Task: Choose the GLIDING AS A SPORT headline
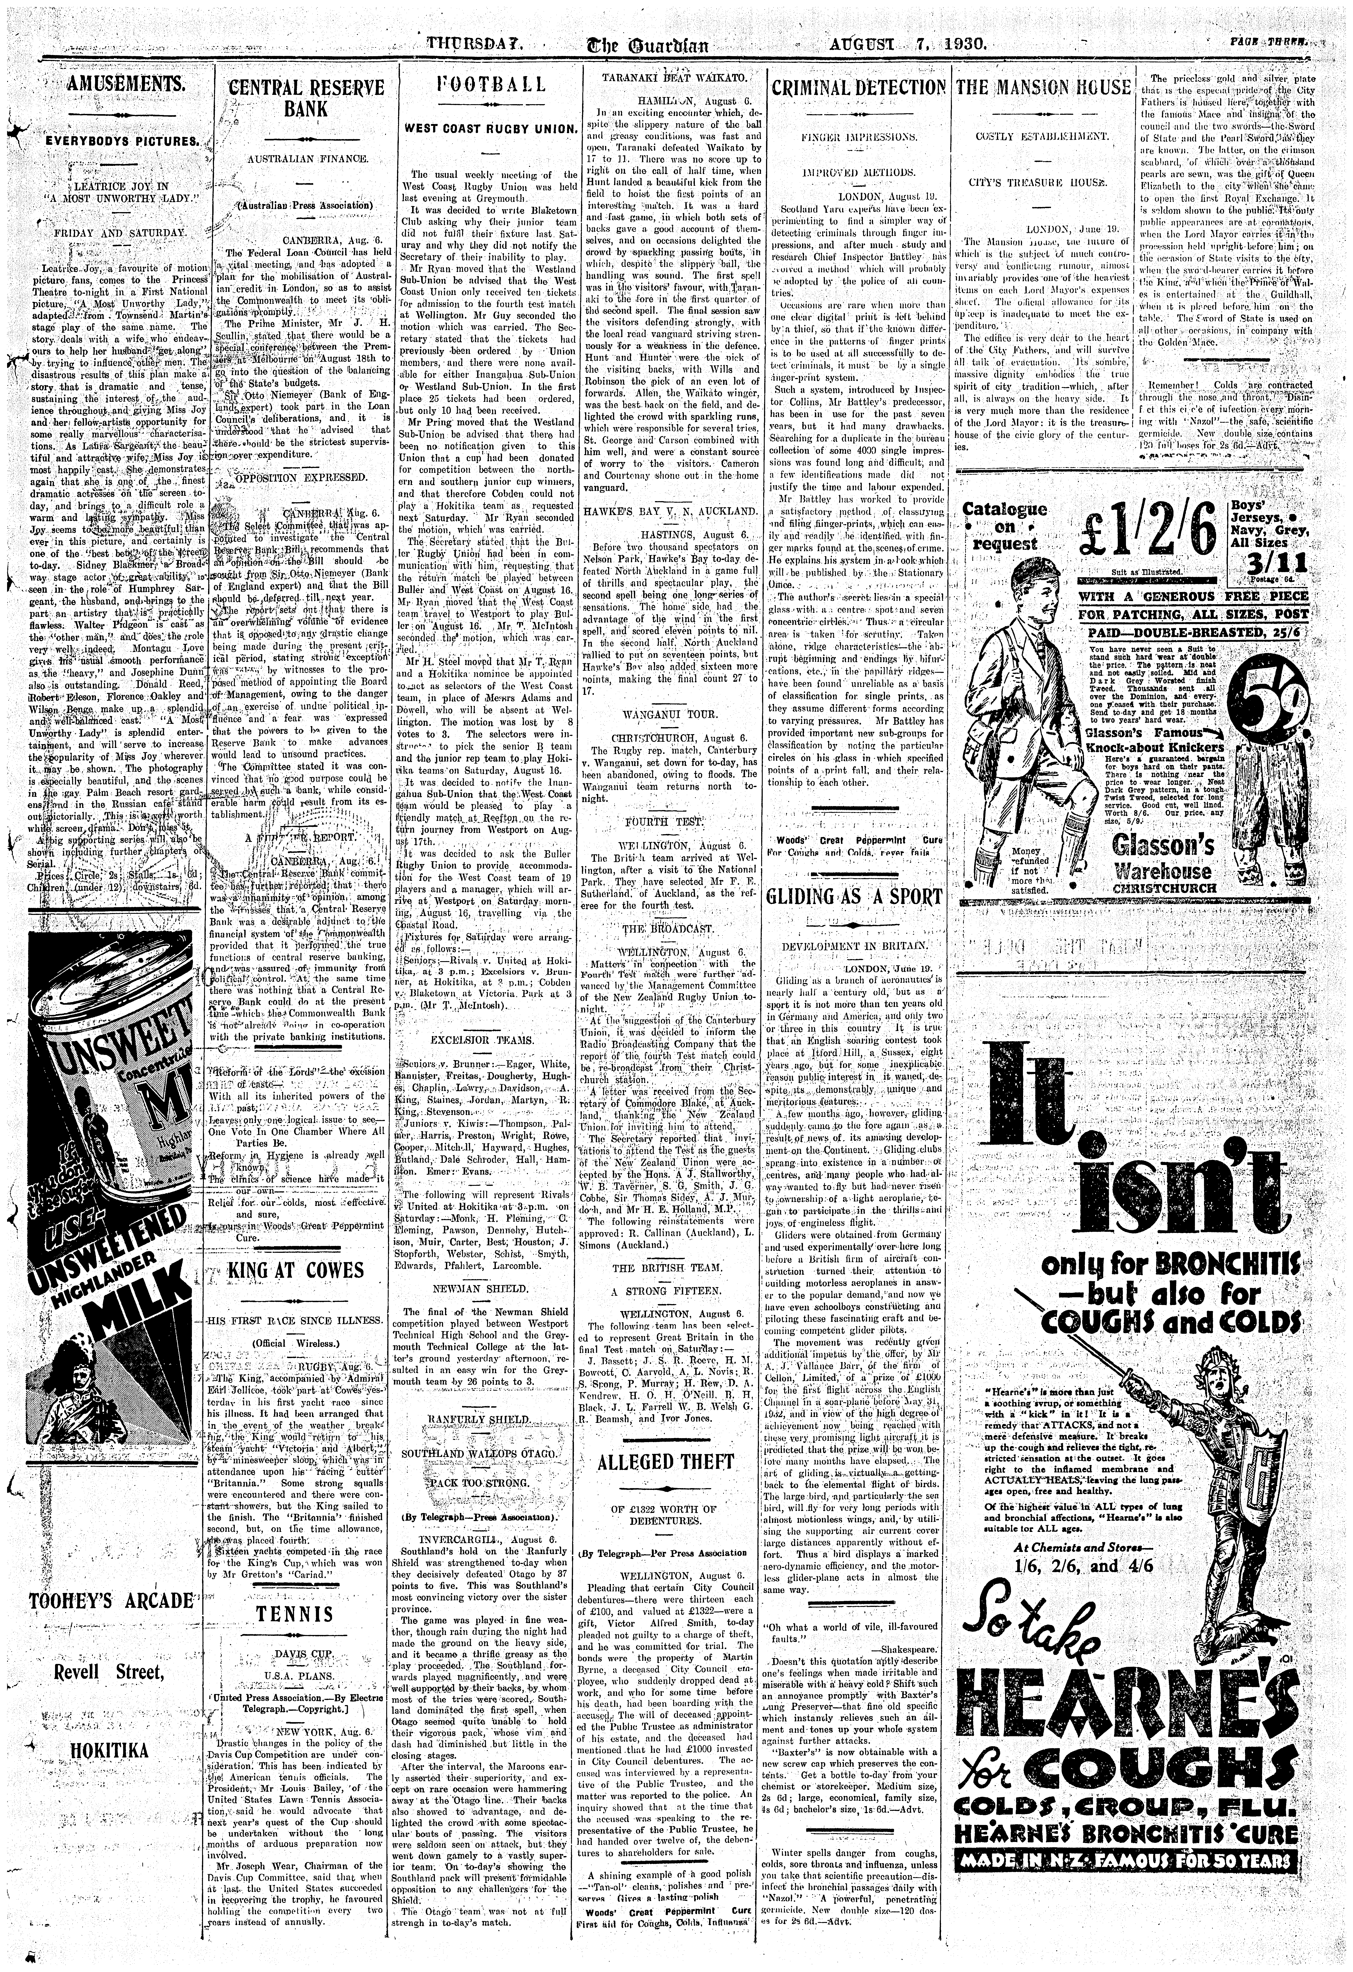(854, 898)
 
